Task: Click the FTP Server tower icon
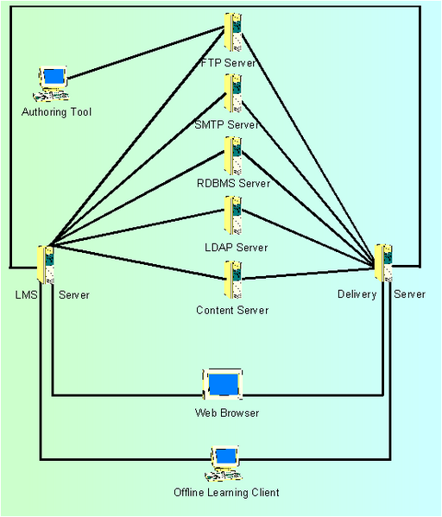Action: tap(233, 32)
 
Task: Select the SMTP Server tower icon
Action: tap(233, 93)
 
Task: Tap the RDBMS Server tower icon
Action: tap(233, 155)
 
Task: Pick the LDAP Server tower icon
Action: tap(233, 215)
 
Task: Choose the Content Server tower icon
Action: tap(233, 280)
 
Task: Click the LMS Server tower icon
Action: tap(46, 265)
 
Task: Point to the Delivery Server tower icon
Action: tap(383, 263)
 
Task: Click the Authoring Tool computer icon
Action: tap(52, 84)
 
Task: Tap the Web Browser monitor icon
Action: tap(223, 384)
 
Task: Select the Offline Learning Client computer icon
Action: tap(224, 463)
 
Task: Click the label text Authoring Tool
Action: tap(56, 112)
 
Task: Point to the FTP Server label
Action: tap(228, 63)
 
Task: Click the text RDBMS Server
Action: tap(234, 183)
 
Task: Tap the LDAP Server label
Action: tap(237, 248)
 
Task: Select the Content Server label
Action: tap(232, 310)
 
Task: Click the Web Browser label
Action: tap(227, 413)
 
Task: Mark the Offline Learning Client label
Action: tap(226, 493)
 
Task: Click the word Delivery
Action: tap(357, 294)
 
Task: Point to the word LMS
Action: tap(27, 295)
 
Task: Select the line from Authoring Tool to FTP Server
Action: tap(146, 54)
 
